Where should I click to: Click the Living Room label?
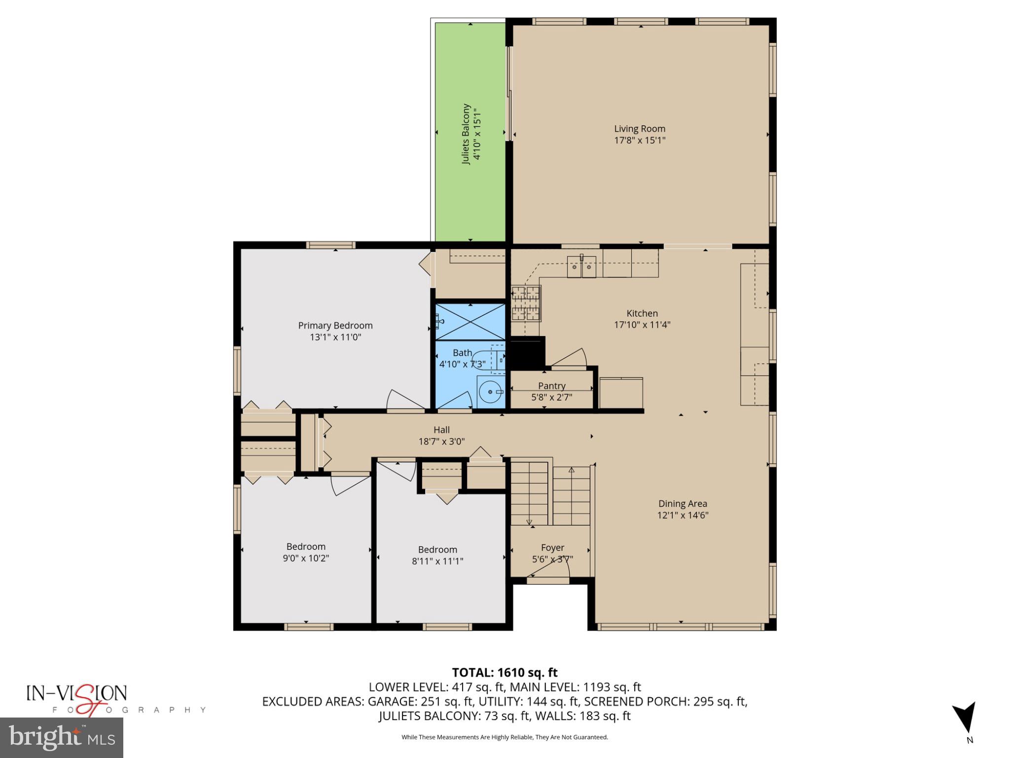pyautogui.click(x=639, y=129)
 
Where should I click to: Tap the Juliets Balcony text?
pyautogui.click(x=466, y=134)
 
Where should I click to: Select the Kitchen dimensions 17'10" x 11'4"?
pyautogui.click(x=642, y=325)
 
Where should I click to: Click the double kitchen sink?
pyautogui.click(x=581, y=267)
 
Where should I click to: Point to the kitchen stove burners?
pyautogui.click(x=526, y=303)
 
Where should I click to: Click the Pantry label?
pyautogui.click(x=551, y=386)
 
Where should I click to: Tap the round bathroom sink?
pyautogui.click(x=490, y=392)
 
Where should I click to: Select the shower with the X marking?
pyautogui.click(x=470, y=322)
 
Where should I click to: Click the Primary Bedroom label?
pyautogui.click(x=335, y=326)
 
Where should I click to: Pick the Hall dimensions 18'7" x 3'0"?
pyautogui.click(x=441, y=442)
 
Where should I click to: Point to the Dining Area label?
pyautogui.click(x=683, y=504)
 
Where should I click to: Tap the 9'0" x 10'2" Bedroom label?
pyautogui.click(x=306, y=547)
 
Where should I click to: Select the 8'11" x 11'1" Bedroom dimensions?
pyautogui.click(x=437, y=561)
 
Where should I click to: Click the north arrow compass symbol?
pyautogui.click(x=964, y=718)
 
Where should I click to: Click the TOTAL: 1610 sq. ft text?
pyautogui.click(x=505, y=673)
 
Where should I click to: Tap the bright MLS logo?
pyautogui.click(x=62, y=737)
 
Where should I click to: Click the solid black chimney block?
pyautogui.click(x=527, y=352)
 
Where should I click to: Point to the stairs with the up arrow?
pyautogui.click(x=571, y=496)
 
